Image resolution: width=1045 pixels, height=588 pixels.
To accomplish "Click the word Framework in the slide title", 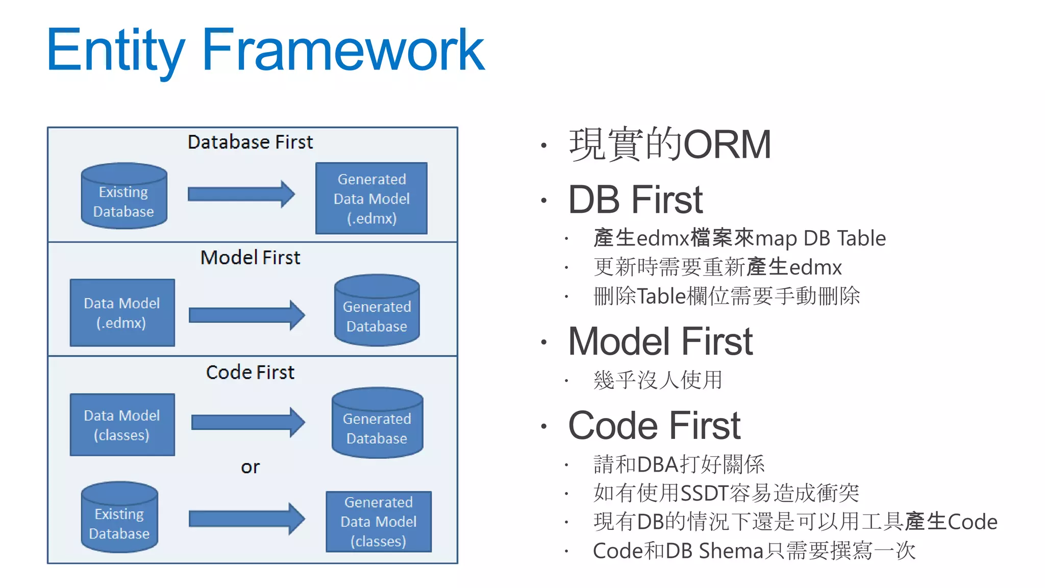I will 343,50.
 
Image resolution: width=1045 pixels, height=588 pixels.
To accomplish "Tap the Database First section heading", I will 250,142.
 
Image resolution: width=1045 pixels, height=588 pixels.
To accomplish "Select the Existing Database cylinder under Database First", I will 124,197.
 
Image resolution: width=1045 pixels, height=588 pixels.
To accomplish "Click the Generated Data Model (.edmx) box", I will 371,199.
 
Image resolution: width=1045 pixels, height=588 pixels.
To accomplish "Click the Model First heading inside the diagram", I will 250,257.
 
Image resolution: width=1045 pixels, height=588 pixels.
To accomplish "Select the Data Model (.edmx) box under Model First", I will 122,312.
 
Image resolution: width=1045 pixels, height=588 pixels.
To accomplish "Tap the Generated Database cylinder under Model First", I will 377,311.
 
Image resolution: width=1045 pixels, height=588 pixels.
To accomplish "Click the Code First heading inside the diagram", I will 250,372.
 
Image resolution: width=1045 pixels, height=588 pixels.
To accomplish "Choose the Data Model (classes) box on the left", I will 122,425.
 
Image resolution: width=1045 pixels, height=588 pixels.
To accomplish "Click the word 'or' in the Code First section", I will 250,467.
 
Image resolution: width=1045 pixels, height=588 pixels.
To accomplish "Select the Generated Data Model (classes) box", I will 379,522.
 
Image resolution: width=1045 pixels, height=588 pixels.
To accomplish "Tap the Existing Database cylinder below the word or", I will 119,518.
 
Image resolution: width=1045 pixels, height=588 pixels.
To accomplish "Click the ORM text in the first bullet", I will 727,145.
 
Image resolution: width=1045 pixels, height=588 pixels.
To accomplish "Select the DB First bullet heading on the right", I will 635,200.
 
